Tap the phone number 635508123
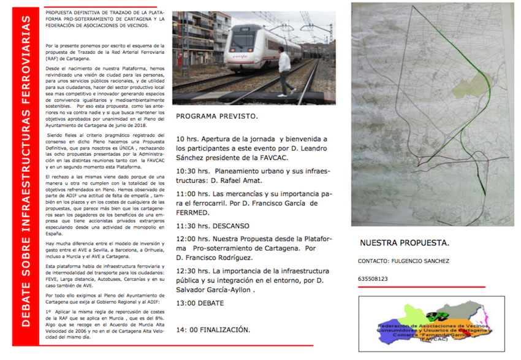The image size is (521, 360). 374,279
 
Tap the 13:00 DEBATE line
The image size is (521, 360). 199,303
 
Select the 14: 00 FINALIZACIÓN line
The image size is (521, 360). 213,330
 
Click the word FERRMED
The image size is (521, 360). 192,212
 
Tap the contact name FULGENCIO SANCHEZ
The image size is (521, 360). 432,261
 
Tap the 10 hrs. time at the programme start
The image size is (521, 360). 188,139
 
